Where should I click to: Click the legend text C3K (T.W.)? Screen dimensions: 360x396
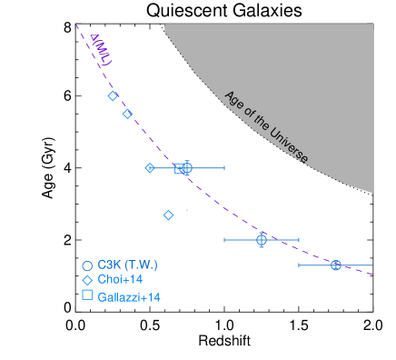coord(128,265)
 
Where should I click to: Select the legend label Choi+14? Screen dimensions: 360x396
coord(121,280)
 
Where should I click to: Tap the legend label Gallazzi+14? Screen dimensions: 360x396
coord(129,296)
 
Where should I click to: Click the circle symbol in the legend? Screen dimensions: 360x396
coord(87,265)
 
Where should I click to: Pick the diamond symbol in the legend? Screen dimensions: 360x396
coord(87,280)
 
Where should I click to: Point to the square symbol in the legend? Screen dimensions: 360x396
coord(87,295)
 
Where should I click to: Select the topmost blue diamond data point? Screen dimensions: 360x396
coord(113,96)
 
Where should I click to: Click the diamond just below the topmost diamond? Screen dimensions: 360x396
coord(128,114)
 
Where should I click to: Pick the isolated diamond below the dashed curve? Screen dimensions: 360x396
coord(168,215)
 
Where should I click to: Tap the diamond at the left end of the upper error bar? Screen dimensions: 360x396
coord(150,168)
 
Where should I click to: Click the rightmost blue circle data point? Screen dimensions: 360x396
coord(335,265)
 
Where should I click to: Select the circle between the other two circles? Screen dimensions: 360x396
coord(262,240)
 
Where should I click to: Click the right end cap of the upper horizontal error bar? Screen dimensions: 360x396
coord(224,168)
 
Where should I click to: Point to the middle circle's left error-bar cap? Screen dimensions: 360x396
coord(224,240)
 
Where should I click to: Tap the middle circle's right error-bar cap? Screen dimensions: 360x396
coord(299,240)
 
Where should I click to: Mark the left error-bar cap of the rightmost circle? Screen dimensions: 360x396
coord(299,265)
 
